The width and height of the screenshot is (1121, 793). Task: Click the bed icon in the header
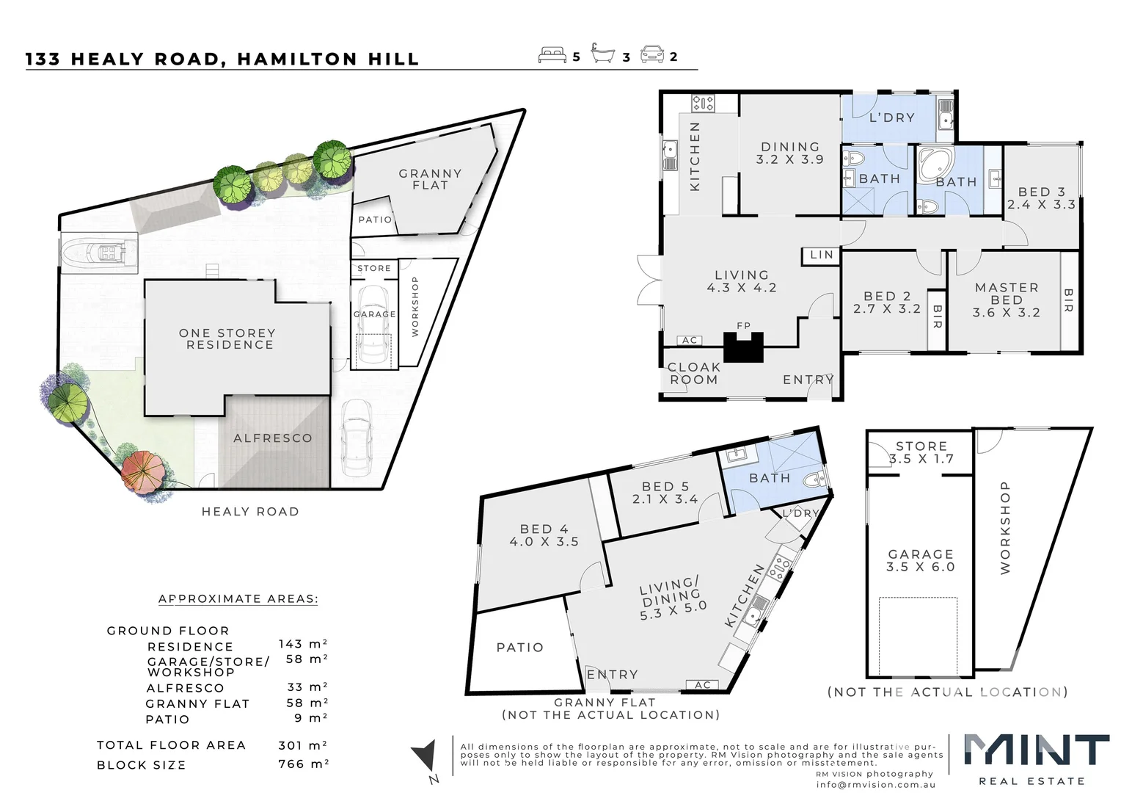point(552,55)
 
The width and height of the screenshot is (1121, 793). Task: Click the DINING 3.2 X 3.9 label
point(789,153)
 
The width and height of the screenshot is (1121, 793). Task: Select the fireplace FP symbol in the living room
point(744,344)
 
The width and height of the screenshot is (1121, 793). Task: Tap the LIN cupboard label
point(822,255)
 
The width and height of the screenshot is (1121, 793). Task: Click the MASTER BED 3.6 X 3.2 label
point(1007,300)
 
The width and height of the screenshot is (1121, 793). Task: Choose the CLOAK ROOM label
point(693,373)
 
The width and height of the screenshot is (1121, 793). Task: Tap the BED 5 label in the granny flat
point(665,493)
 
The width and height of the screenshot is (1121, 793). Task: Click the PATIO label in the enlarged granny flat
point(519,648)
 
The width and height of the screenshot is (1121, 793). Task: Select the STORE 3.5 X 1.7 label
point(921,452)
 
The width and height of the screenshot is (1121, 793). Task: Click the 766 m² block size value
point(303,764)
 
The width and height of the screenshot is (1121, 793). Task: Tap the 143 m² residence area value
point(302,644)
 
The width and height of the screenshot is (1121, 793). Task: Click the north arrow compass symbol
point(424,759)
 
